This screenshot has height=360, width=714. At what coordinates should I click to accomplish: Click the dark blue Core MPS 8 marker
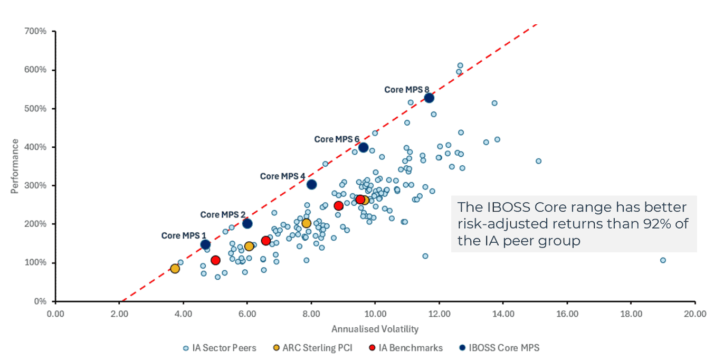(x=429, y=98)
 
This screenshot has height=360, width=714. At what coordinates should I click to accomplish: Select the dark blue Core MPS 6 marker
(x=363, y=147)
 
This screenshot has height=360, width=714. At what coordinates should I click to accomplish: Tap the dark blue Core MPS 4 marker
(x=311, y=184)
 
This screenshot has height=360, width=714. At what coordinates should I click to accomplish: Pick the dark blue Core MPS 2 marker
(x=247, y=223)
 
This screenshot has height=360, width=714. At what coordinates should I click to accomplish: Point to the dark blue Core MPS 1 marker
(x=205, y=244)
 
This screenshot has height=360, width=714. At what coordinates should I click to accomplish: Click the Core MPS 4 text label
(x=282, y=176)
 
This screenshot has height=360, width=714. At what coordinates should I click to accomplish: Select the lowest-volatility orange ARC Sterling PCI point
(x=175, y=268)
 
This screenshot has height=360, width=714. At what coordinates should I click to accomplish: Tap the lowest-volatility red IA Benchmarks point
(x=215, y=260)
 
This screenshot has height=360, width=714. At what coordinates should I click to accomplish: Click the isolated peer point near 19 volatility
(x=663, y=260)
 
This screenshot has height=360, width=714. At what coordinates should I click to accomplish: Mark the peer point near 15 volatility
(x=538, y=161)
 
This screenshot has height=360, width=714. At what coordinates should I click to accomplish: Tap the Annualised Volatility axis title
(x=375, y=329)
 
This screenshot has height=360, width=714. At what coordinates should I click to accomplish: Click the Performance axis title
(x=15, y=166)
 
